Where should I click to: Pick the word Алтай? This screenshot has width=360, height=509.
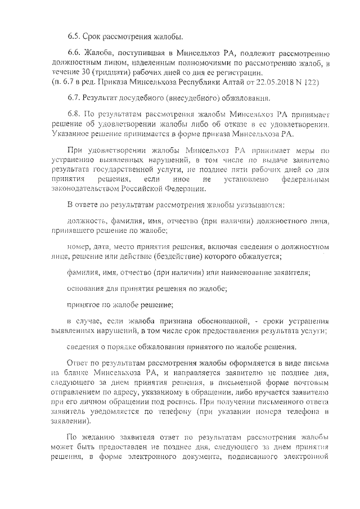(x=235, y=82)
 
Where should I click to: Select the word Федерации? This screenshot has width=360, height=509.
(x=186, y=188)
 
